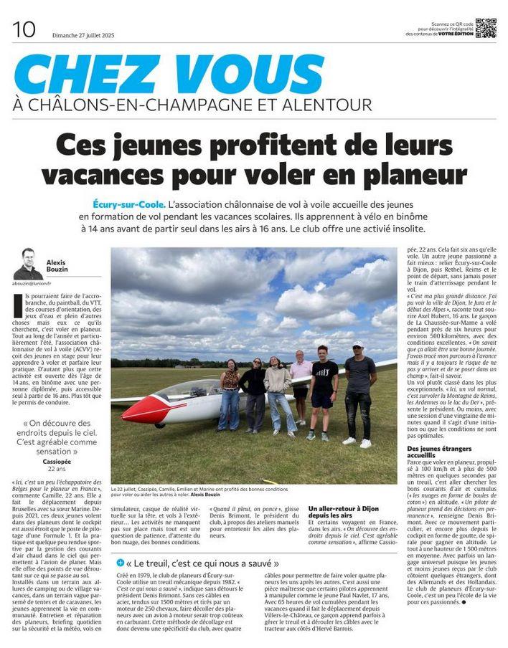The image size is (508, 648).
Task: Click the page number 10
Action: tap(24, 29)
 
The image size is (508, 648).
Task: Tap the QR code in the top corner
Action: tap(486, 27)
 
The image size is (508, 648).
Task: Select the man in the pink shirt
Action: tap(301, 386)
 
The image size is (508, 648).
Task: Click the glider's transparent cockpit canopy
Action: tap(183, 392)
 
